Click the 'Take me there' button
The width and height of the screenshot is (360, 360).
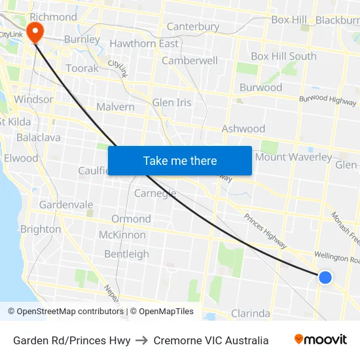pyautogui.click(x=180, y=160)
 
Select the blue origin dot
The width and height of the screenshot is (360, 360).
pyautogui.click(x=325, y=278)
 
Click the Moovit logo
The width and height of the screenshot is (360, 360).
pyautogui.click(x=321, y=340)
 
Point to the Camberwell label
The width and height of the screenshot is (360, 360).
pyautogui.click(x=189, y=60)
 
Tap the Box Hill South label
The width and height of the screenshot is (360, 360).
pyautogui.click(x=283, y=56)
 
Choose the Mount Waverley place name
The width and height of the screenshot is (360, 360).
pyautogui.click(x=293, y=157)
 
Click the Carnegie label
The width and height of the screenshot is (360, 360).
pyautogui.click(x=155, y=193)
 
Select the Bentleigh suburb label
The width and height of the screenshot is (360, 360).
pyautogui.click(x=126, y=254)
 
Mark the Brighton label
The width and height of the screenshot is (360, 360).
pyautogui.click(x=41, y=229)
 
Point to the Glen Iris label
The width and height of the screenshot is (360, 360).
pyautogui.click(x=171, y=103)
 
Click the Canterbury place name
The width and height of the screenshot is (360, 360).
pyautogui.click(x=193, y=27)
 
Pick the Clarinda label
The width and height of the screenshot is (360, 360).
pyautogui.click(x=251, y=313)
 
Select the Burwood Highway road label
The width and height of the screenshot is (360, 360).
pyautogui.click(x=328, y=100)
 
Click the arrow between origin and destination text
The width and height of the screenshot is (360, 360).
pyautogui.click(x=142, y=340)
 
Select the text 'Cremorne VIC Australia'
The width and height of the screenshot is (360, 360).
pyautogui.click(x=211, y=340)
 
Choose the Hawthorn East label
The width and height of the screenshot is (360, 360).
pyautogui.click(x=144, y=44)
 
